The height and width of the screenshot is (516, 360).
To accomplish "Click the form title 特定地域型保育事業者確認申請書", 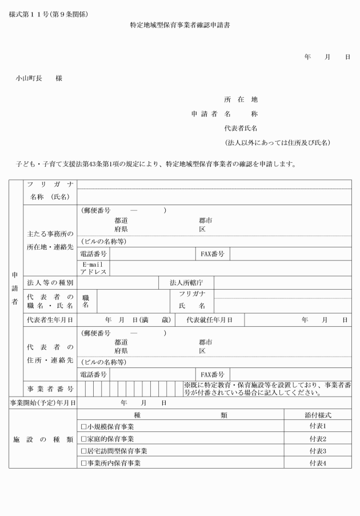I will pyautogui.click(x=180, y=26).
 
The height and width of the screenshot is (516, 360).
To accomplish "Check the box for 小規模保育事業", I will pyautogui.click(x=83, y=427).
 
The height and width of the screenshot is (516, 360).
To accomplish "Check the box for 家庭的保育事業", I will pyautogui.click(x=83, y=439).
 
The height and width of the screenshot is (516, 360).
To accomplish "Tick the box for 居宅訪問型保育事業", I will pyautogui.click(x=83, y=451).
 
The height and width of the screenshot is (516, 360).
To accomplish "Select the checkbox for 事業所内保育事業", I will pyautogui.click(x=83, y=463).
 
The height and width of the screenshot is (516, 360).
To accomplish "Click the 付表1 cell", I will pyautogui.click(x=317, y=427).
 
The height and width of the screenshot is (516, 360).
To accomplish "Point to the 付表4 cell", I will pyautogui.click(x=317, y=463).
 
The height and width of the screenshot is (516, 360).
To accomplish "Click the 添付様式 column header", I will pyautogui.click(x=317, y=415).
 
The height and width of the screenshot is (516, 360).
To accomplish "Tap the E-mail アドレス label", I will pyautogui.click(x=93, y=268).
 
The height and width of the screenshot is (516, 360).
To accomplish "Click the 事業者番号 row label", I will pyautogui.click(x=50, y=389).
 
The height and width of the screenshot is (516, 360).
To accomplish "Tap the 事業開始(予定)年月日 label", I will pyautogui.click(x=43, y=402).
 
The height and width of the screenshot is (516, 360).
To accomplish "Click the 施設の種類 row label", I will pyautogui.click(x=43, y=439).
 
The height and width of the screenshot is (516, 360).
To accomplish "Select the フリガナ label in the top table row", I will pyautogui.click(x=50, y=184).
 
